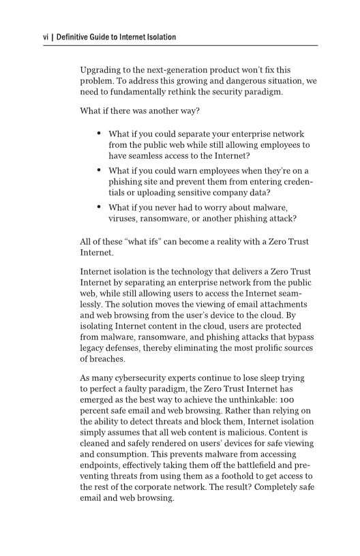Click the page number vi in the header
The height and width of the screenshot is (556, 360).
(46, 37)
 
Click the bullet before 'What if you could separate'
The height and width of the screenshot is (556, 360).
(100, 134)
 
